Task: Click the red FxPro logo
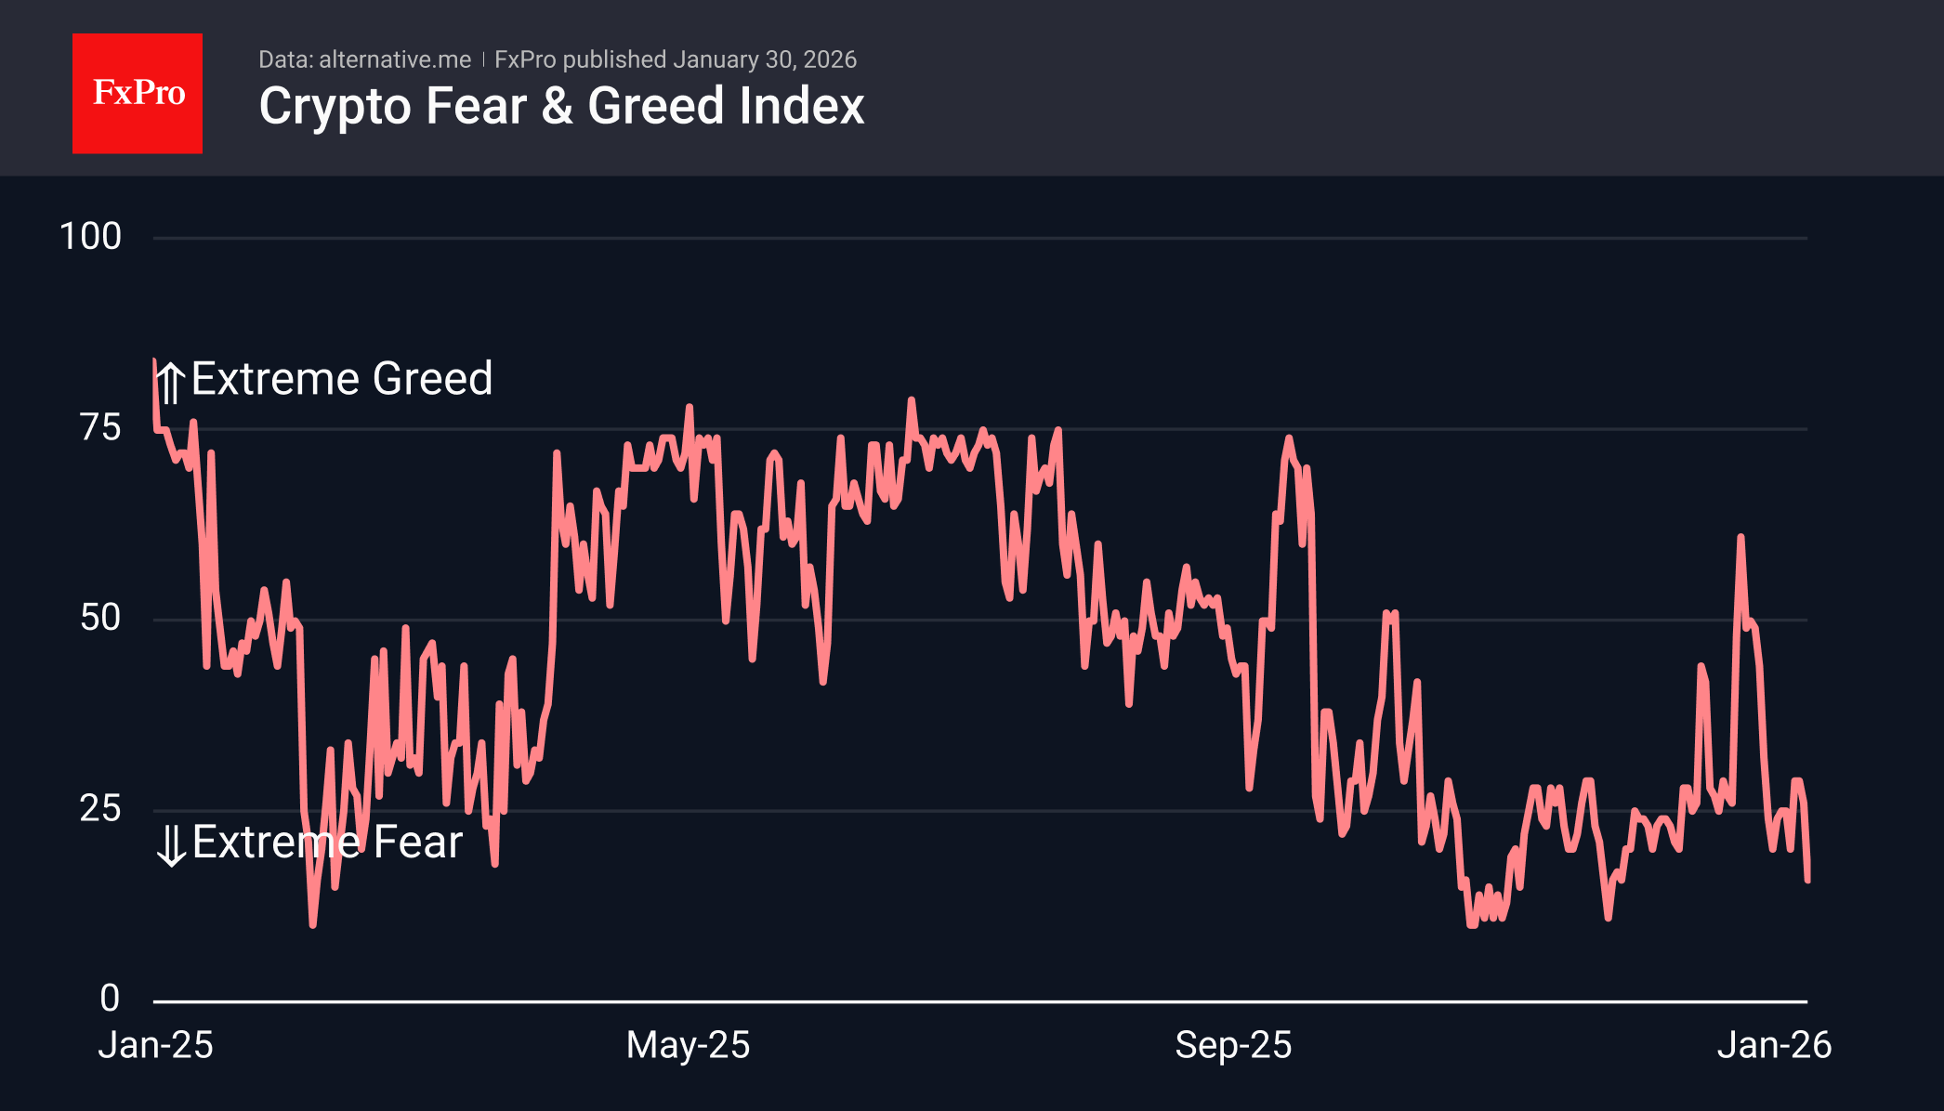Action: tap(138, 93)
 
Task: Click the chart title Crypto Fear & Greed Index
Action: tap(561, 106)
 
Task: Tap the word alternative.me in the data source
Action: tap(395, 59)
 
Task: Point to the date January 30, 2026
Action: tap(765, 59)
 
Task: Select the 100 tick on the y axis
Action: tap(90, 237)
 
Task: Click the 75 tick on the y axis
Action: tap(100, 427)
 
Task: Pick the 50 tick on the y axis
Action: tap(100, 618)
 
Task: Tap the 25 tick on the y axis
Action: tap(100, 808)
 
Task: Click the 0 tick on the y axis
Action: tap(110, 999)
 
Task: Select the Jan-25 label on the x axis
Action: tap(156, 1045)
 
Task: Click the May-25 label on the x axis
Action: tap(688, 1045)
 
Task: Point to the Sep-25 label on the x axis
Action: tap(1233, 1045)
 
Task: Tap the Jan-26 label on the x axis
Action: tap(1774, 1045)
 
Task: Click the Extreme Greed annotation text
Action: tap(342, 379)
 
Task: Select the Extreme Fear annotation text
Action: tap(327, 843)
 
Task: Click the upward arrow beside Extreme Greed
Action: tap(170, 382)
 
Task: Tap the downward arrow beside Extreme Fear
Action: tap(171, 845)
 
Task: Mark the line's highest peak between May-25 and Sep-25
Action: tap(911, 399)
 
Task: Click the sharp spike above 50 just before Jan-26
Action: tap(1740, 537)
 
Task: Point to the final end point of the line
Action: tap(1807, 879)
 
